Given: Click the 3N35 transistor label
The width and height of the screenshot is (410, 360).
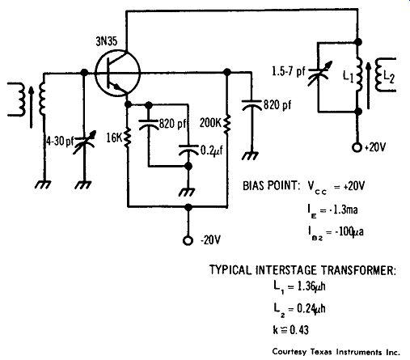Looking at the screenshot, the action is pos(107,41).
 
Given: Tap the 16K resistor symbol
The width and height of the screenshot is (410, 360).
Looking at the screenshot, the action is pos(128,138).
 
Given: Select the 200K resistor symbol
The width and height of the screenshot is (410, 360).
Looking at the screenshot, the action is pos(226,124).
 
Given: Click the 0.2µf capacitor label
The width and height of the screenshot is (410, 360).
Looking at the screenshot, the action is pos(212,150).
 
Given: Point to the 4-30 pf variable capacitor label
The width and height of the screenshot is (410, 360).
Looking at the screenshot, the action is pos(60,142).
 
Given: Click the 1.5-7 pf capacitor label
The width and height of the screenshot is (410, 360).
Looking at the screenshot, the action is pos(289,72).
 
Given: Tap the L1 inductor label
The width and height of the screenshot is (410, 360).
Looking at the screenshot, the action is pos(348,76).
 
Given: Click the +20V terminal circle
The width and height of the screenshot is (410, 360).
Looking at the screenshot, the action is pos(357,147).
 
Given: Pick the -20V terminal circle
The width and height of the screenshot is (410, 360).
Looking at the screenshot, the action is pos(188,240).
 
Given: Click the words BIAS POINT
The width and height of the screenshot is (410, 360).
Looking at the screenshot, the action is pos(271,186).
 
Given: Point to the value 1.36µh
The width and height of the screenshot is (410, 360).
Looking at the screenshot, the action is pos(311,286).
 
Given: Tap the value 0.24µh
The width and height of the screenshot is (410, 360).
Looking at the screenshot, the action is pos(311,308).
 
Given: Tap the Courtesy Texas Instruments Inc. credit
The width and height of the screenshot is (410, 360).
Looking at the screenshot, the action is pos(336,352).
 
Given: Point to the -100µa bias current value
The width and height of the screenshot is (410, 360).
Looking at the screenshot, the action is pos(349,231).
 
